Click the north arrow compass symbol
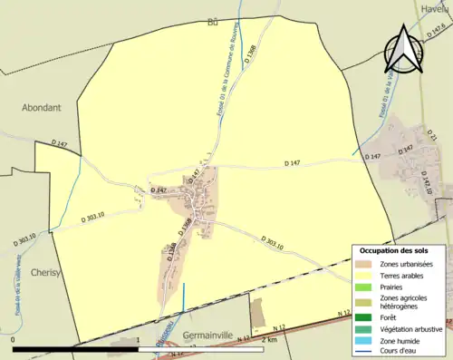[403, 49]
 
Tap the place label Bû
[214, 22]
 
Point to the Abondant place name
[42, 106]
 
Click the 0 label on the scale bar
[14, 341]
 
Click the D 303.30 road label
[24, 239]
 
